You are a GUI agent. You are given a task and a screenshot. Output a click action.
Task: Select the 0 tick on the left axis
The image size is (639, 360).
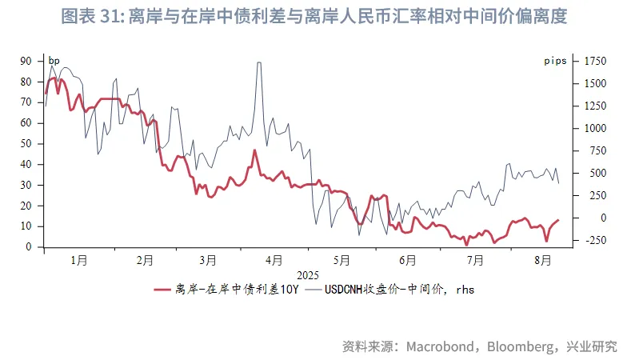click(28, 247)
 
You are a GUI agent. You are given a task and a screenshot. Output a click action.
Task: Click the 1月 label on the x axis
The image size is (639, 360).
click(78, 260)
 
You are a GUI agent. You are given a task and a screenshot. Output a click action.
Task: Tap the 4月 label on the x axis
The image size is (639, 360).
click(274, 260)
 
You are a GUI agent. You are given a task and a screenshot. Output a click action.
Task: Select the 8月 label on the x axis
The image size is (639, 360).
click(542, 260)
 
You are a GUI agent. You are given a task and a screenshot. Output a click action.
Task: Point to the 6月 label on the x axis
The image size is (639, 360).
click(407, 260)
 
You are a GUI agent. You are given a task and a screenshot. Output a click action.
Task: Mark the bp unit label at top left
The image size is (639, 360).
click(54, 60)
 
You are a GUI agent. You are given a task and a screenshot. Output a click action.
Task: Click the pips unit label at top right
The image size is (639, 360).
click(555, 60)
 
